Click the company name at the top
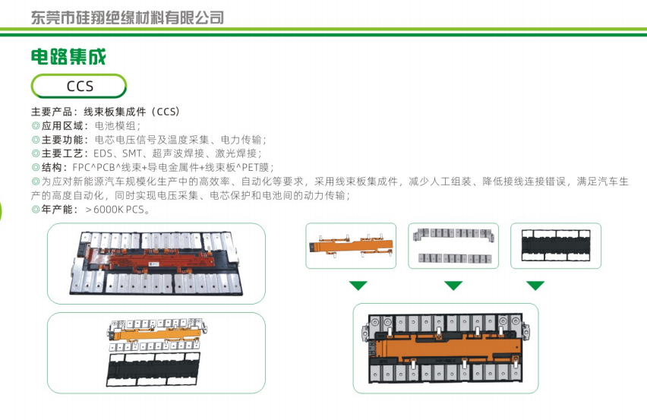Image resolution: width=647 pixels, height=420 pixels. (128, 17)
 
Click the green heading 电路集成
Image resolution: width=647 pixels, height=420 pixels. (68, 56)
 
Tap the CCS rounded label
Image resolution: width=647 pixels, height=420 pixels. (79, 87)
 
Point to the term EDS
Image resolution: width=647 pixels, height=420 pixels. (103, 153)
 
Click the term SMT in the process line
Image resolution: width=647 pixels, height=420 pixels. (132, 153)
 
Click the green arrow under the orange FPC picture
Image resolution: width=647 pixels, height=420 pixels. (358, 286)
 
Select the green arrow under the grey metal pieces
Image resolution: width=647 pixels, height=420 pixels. (453, 286)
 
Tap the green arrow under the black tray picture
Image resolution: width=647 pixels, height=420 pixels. (535, 286)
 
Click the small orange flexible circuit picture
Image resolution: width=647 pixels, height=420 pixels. (351, 246)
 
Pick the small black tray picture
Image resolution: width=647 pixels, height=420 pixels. (556, 245)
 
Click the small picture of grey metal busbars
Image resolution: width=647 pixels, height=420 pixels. (453, 246)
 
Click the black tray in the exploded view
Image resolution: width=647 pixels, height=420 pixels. (153, 369)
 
